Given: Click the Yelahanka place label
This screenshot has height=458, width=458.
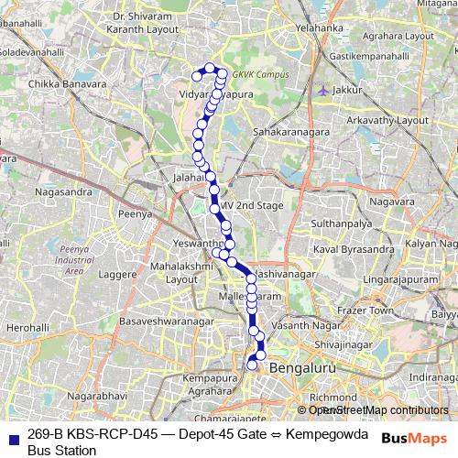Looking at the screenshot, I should tap(319, 28).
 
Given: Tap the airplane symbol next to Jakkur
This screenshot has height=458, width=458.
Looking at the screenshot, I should tap(322, 90).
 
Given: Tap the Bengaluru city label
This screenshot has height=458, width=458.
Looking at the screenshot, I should tap(301, 366).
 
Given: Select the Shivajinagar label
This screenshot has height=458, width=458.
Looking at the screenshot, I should tap(341, 343).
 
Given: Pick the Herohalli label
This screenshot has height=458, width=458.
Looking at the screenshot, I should tap(27, 327).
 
